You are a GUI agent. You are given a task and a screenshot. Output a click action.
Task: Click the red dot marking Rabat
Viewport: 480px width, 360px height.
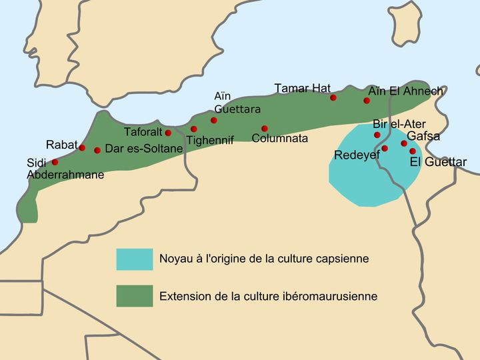pyautogui.click(x=82, y=147)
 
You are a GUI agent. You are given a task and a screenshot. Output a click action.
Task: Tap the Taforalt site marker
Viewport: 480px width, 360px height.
pyautogui.click(x=168, y=133)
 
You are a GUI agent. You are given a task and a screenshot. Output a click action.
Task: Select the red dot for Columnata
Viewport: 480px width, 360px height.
pyautogui.click(x=265, y=128)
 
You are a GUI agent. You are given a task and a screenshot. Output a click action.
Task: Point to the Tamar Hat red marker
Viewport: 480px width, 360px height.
pyautogui.click(x=333, y=97)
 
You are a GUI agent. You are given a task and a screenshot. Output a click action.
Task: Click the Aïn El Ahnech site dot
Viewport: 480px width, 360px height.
pyautogui.click(x=367, y=101)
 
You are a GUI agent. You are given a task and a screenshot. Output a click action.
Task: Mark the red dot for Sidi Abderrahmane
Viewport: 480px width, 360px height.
pyautogui.click(x=55, y=162)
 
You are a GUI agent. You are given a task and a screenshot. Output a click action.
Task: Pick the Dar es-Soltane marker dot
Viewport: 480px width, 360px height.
pyautogui.click(x=97, y=151)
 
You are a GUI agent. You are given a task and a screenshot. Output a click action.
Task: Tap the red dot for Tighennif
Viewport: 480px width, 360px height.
pyautogui.click(x=194, y=129)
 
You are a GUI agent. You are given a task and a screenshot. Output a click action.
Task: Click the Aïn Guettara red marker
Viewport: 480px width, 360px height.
pyautogui.click(x=214, y=121)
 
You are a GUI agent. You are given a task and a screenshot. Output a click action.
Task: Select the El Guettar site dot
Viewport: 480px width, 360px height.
pyautogui.click(x=413, y=151)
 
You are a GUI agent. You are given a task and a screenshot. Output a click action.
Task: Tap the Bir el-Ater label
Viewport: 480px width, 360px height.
pyautogui.click(x=399, y=124)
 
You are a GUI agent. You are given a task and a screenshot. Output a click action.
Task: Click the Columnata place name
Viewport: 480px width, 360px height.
pyautogui.click(x=280, y=139)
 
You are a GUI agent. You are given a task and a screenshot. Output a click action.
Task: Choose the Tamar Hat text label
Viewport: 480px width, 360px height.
pyautogui.click(x=302, y=89)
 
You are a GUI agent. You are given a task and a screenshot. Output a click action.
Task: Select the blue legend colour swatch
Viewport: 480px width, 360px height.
pyautogui.click(x=134, y=259)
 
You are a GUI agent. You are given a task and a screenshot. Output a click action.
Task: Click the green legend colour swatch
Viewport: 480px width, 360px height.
pyautogui.click(x=134, y=296)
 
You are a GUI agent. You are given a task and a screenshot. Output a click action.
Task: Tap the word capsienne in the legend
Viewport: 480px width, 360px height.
pyautogui.click(x=343, y=259)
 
